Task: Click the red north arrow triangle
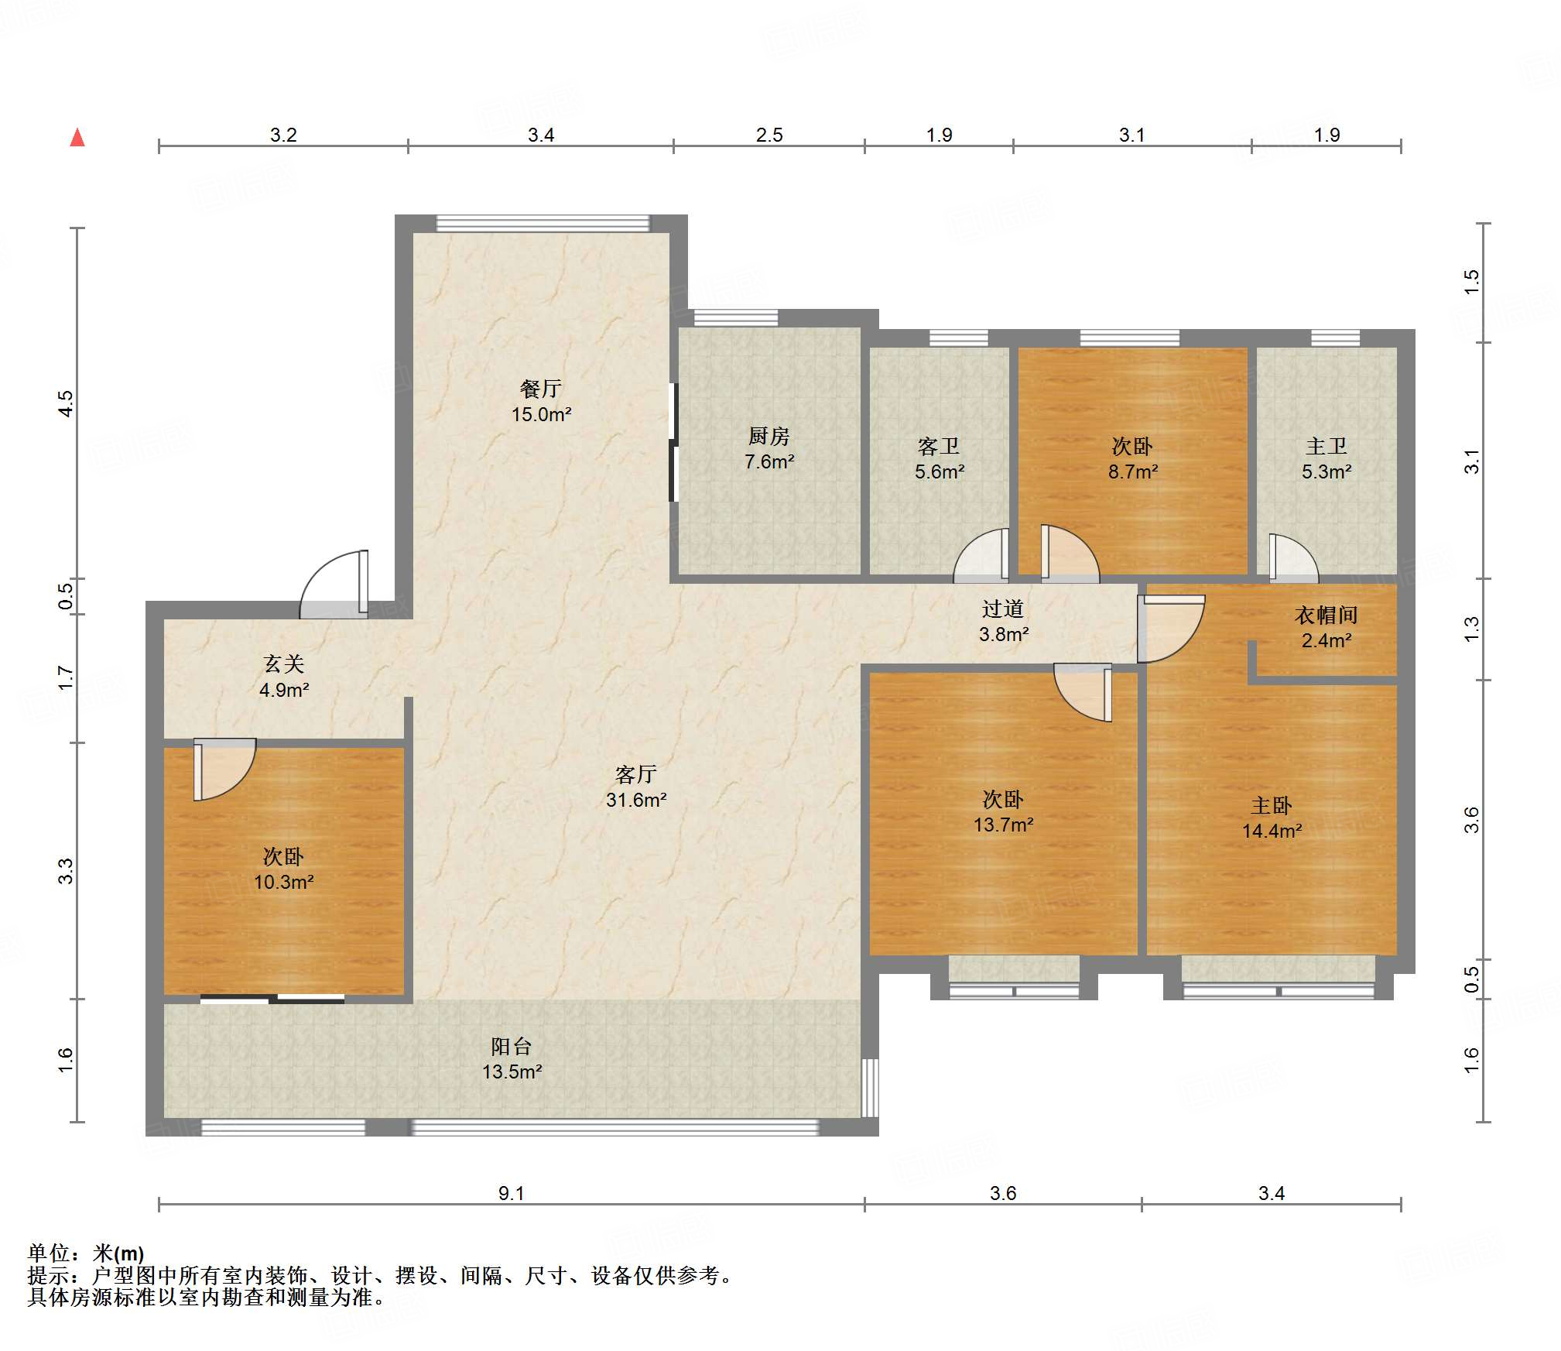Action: [77, 138]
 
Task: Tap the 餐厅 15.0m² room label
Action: [541, 401]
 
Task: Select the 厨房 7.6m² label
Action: [769, 448]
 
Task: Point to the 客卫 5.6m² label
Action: [940, 458]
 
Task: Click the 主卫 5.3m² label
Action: [1327, 458]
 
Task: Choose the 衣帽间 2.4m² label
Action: [1327, 627]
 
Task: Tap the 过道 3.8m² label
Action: [1004, 621]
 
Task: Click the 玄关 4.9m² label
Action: [284, 676]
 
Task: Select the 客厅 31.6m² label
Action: [636, 787]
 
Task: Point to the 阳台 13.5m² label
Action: [512, 1058]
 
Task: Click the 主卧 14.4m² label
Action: [1272, 818]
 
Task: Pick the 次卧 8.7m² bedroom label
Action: [1133, 458]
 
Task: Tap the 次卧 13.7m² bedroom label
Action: [1003, 811]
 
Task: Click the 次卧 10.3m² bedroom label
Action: [284, 869]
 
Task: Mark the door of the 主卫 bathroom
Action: [1293, 559]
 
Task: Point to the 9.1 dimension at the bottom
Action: [512, 1193]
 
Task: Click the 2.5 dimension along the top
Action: [769, 135]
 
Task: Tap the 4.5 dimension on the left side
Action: [67, 403]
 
